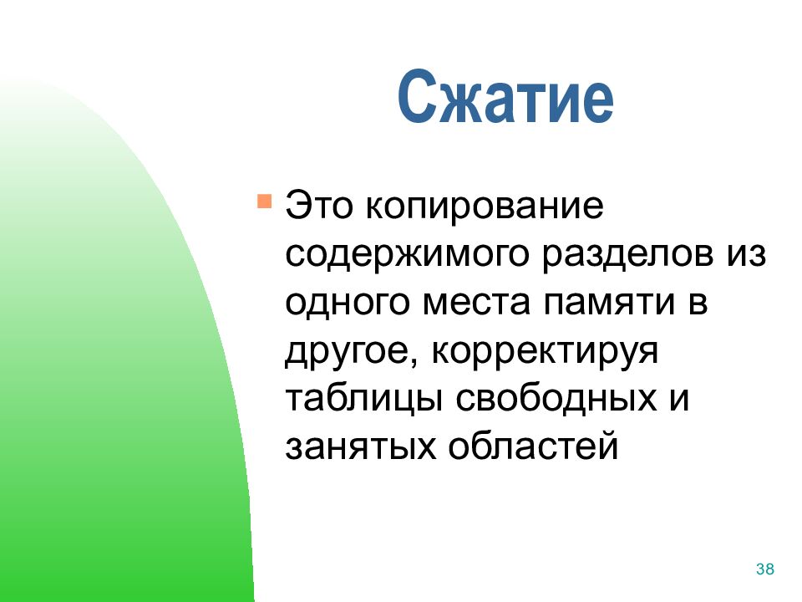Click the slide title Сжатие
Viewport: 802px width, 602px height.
click(x=505, y=98)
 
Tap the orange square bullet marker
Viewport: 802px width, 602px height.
click(x=265, y=201)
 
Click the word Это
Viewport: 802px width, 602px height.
click(x=319, y=206)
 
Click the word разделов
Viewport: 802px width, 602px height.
click(x=627, y=254)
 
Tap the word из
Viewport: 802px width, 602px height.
click(x=747, y=254)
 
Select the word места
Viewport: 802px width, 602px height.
click(x=477, y=303)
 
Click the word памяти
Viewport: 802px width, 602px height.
click(x=610, y=303)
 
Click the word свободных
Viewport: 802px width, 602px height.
click(x=556, y=398)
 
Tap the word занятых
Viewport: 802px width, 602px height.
click(x=361, y=447)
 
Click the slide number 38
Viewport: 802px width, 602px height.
click(x=765, y=569)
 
